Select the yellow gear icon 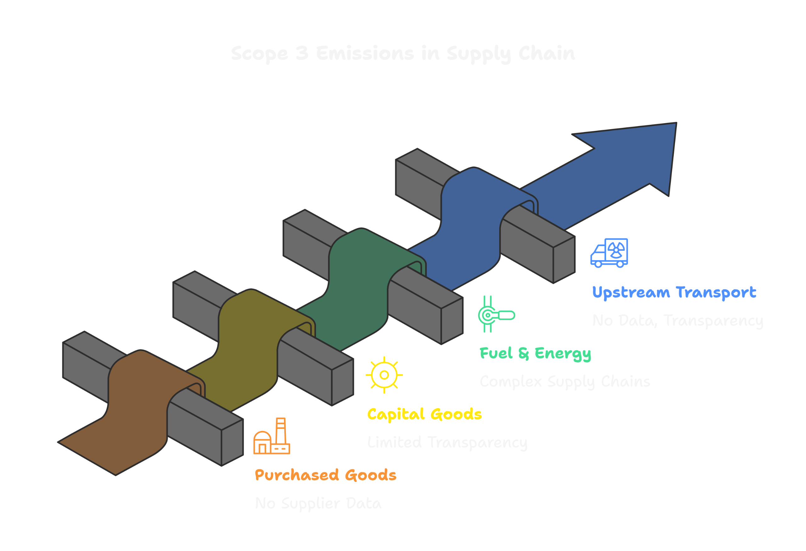point(384,375)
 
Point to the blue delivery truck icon point(609,253)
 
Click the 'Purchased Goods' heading point(325,475)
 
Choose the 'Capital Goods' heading point(424,414)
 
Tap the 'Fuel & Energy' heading point(535,353)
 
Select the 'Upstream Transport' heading point(674,292)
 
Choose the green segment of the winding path point(357,288)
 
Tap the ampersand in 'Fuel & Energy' point(523,353)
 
